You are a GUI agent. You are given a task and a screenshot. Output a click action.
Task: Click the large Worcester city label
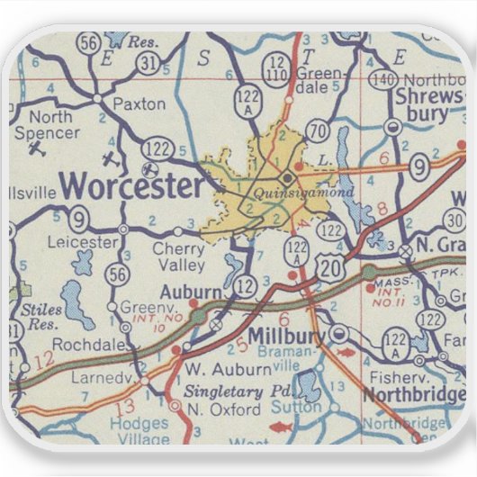[x=132, y=186]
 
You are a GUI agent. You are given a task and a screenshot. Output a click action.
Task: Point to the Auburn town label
[x=190, y=292]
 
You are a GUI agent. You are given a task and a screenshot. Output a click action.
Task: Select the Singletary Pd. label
[x=236, y=392]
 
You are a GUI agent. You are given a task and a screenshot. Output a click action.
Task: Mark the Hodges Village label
[x=138, y=430]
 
